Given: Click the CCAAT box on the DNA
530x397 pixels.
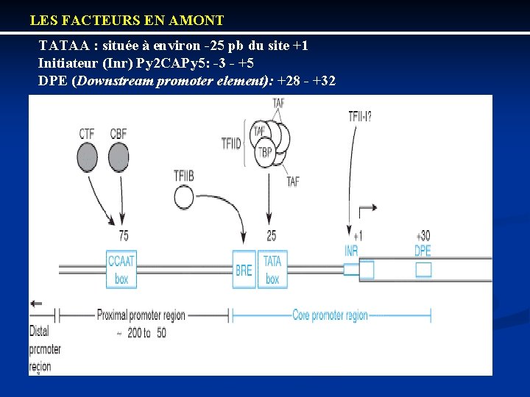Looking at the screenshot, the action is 121,270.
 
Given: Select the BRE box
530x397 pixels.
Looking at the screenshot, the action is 244,270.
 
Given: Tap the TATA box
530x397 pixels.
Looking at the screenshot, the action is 272,270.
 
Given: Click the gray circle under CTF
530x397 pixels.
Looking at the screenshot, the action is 88,157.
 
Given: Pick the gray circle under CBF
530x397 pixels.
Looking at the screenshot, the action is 119,157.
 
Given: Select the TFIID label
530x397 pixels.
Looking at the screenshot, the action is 231,142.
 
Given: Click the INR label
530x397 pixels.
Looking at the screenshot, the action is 352,251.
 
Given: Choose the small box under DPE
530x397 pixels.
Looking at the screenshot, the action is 423,270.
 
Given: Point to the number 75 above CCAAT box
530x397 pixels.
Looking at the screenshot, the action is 124,235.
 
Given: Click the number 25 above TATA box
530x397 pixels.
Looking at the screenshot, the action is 271,235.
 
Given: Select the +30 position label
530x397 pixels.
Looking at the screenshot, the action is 423,236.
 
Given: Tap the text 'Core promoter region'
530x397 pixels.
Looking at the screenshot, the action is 330,315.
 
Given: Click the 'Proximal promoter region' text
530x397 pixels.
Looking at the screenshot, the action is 141,315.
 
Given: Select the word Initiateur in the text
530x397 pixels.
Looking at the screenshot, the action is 67,62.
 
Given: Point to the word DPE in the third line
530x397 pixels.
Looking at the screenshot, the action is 52,80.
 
